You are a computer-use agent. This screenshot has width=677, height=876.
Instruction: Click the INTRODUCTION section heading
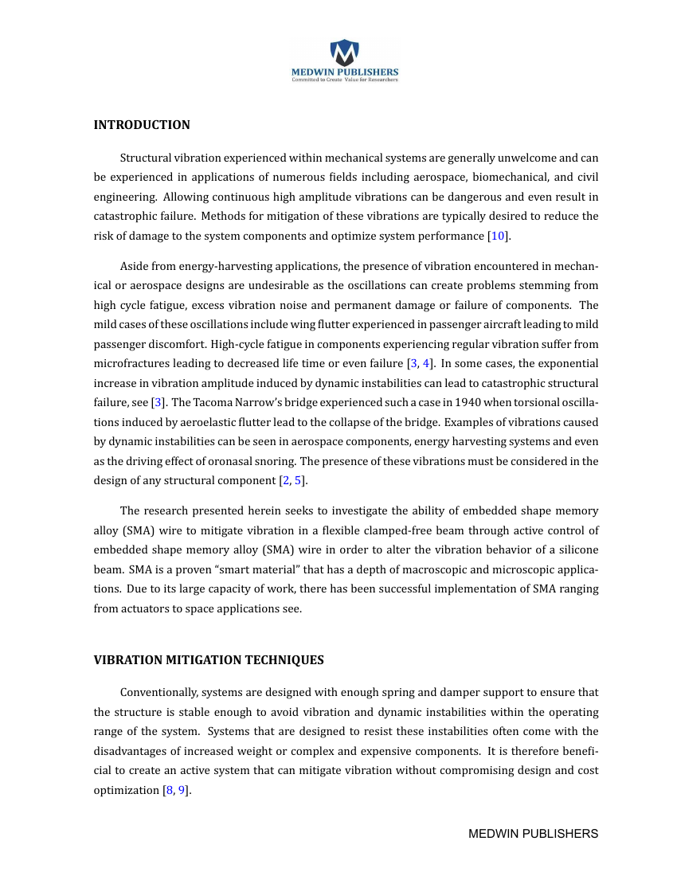coord(142,125)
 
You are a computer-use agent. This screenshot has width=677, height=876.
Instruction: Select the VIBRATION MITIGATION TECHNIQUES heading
coord(209,660)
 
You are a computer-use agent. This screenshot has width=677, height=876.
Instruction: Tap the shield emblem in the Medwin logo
coord(344,53)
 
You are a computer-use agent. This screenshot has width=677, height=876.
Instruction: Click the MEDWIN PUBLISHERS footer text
coord(533,834)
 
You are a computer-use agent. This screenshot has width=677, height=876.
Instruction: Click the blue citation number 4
coord(425,364)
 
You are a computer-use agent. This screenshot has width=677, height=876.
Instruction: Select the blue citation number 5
coord(298,480)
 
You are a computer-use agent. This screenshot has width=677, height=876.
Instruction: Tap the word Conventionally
coord(157,693)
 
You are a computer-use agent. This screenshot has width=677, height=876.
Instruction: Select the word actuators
coord(147,608)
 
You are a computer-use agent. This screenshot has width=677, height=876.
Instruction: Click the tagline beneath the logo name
coord(344,80)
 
